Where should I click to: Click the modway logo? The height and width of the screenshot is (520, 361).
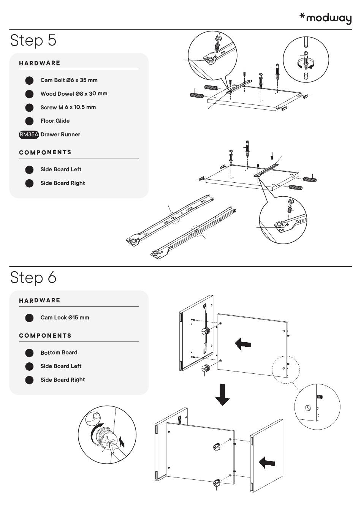[326, 18]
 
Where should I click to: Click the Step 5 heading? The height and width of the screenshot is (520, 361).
[33, 40]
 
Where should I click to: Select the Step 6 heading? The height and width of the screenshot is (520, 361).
[33, 277]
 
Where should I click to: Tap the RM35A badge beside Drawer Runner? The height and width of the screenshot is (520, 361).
[29, 134]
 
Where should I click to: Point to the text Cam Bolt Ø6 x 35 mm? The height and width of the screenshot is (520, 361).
[69, 80]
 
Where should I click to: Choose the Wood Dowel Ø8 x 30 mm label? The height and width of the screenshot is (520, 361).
[74, 93]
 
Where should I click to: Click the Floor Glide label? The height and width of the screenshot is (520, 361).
[55, 121]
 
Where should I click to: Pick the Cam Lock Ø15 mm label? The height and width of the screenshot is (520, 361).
[65, 318]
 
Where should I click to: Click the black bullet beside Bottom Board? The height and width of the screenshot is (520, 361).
[29, 353]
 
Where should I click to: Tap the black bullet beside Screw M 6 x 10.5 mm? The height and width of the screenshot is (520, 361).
[29, 107]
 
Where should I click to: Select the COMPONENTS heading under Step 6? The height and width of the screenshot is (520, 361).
[45, 336]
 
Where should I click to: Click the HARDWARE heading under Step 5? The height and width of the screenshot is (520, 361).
[40, 63]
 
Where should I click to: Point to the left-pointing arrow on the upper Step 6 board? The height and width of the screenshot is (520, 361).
[243, 344]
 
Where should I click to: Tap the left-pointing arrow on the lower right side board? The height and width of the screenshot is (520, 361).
[267, 462]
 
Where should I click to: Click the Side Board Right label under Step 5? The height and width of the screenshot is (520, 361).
[63, 183]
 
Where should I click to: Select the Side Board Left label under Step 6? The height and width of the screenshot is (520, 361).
[61, 366]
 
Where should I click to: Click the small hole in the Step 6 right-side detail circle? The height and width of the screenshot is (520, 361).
[308, 408]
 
